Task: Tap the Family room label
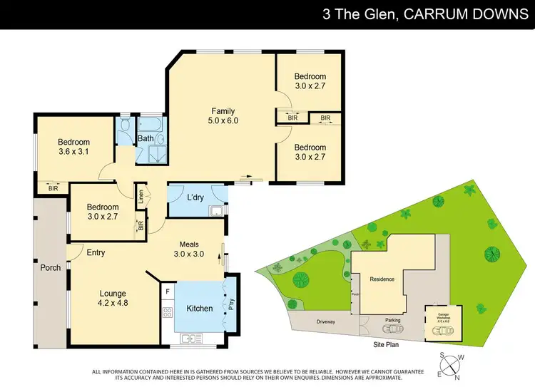(223, 110)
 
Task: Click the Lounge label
(113, 293)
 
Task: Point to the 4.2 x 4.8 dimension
(113, 303)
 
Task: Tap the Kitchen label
(200, 309)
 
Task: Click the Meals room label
(189, 244)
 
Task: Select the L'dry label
(196, 197)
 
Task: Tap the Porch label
(49, 268)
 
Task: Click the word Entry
(96, 252)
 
